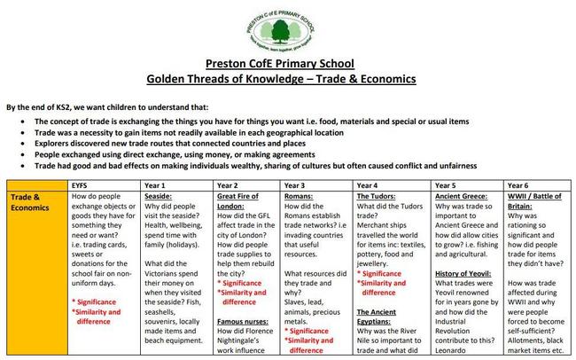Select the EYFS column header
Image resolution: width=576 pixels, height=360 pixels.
point(82,184)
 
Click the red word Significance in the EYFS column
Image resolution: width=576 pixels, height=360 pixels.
point(99,302)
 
